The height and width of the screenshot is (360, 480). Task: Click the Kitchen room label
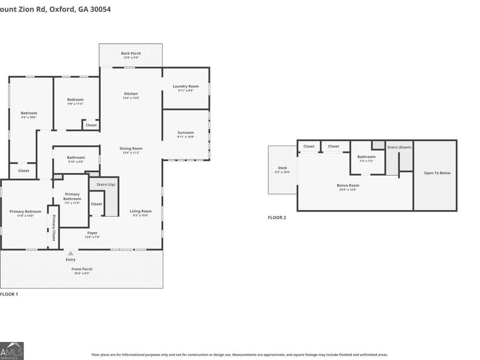[x=131, y=94]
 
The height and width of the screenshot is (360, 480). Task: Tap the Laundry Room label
[x=186, y=86]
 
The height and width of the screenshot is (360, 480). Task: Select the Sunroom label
[x=186, y=132]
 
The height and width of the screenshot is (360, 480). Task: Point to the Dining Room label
[x=131, y=149]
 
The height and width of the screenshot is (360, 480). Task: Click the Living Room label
[x=141, y=211]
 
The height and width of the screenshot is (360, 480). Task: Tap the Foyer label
[x=93, y=233]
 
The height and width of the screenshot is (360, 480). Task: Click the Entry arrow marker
[x=70, y=253]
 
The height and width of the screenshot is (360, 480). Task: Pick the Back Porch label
[x=131, y=53]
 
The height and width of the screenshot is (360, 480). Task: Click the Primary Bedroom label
[x=25, y=211]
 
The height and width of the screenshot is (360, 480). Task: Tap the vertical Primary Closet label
[x=53, y=228]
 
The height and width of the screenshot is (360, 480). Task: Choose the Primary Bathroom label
[x=72, y=196]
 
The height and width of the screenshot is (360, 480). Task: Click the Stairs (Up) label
[x=105, y=185]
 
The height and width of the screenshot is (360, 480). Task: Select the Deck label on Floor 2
[x=282, y=167]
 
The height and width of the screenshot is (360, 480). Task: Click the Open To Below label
[x=437, y=173]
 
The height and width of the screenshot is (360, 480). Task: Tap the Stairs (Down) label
[x=399, y=147]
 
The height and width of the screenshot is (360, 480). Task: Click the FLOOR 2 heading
[x=277, y=218]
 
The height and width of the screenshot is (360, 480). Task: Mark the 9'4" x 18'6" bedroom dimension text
[x=29, y=117]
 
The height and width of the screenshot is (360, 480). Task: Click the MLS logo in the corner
[x=12, y=350]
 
